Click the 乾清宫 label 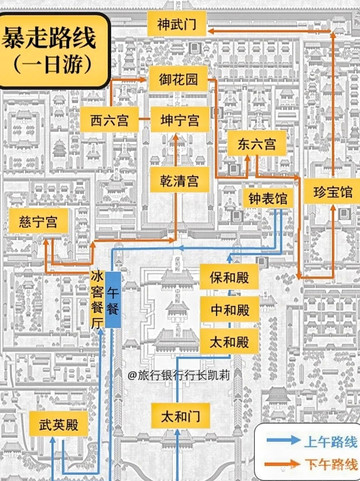pyautogui.click(x=180, y=180)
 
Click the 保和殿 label pyautogui.click(x=230, y=273)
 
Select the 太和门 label pyautogui.click(x=180, y=413)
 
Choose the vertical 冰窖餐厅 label pyautogui.click(x=97, y=300)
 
